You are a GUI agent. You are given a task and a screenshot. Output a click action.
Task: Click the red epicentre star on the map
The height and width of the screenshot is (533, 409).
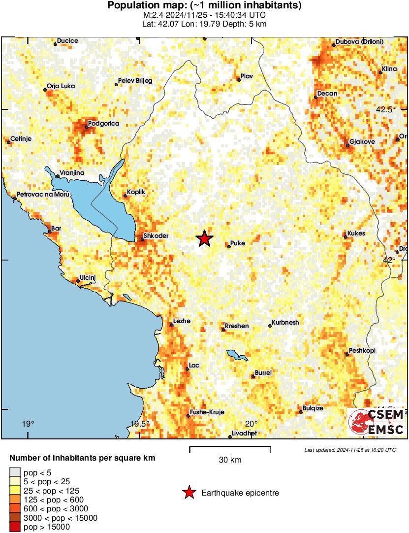tap(204, 239)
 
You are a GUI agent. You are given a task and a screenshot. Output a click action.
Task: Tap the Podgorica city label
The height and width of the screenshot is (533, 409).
tap(103, 123)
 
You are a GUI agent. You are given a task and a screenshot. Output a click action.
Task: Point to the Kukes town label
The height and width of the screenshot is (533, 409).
tap(356, 233)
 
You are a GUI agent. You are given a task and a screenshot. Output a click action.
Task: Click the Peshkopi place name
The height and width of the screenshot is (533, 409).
tap(362, 350)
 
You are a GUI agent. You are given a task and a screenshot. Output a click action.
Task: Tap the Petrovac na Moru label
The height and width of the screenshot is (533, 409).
tap(43, 195)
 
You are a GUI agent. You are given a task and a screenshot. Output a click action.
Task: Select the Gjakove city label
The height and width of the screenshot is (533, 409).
tap(362, 142)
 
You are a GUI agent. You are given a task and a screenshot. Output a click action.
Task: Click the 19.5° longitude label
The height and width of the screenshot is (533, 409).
tap(140, 424)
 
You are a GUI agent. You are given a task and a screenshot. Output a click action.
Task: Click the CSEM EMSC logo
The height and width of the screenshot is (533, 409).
tap(377, 422)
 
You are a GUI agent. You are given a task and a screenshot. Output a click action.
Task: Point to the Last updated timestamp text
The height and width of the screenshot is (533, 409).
tap(349, 450)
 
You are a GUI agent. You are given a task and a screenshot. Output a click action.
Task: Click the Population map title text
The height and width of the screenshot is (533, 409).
tap(204, 6)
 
